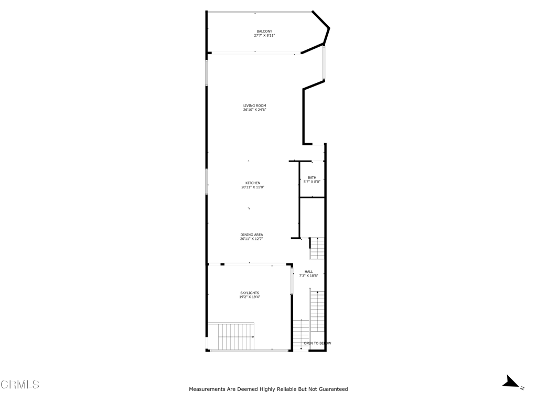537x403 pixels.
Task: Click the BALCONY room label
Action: (x=264, y=31)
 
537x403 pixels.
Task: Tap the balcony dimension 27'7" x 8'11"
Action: (x=264, y=36)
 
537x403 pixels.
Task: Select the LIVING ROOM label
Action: (x=254, y=105)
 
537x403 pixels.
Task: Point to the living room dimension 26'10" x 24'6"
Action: (x=254, y=110)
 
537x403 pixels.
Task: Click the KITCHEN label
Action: (x=253, y=183)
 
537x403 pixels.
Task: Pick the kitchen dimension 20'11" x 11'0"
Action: (x=253, y=187)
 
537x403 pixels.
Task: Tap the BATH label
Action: (x=312, y=177)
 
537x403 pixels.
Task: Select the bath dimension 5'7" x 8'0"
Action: (x=312, y=182)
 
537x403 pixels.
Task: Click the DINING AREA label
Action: (x=252, y=235)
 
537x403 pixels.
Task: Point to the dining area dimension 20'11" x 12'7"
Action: (x=252, y=239)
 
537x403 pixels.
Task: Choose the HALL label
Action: (x=308, y=271)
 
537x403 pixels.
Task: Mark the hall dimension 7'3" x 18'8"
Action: (x=308, y=276)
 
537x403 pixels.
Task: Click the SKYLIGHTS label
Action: (x=250, y=293)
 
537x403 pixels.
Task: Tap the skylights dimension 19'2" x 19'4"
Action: (x=250, y=298)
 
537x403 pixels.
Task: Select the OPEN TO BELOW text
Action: (x=317, y=343)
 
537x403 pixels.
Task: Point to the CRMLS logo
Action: (x=20, y=385)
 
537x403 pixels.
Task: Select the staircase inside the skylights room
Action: (x=231, y=337)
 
